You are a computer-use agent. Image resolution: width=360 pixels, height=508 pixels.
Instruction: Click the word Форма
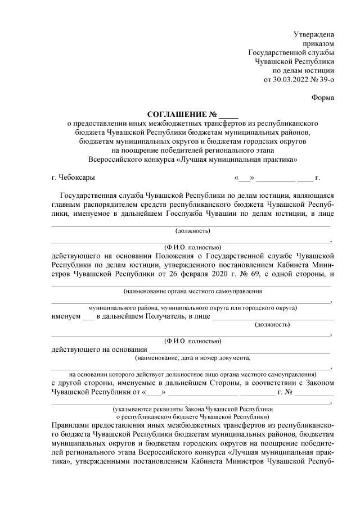click(x=323, y=98)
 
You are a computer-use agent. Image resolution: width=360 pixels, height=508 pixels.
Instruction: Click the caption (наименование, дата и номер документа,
click(x=192, y=357)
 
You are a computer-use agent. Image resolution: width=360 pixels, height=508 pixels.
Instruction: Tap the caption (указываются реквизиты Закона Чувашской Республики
click(x=192, y=409)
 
